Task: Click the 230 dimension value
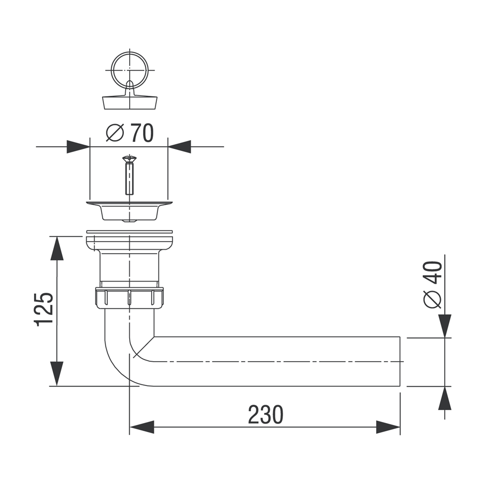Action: pyautogui.click(x=265, y=415)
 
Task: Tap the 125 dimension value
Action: pyautogui.click(x=44, y=309)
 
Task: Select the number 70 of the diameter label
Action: pyautogui.click(x=142, y=133)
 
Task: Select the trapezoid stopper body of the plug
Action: pyautogui.click(x=130, y=103)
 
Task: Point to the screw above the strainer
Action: pyautogui.click(x=130, y=175)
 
